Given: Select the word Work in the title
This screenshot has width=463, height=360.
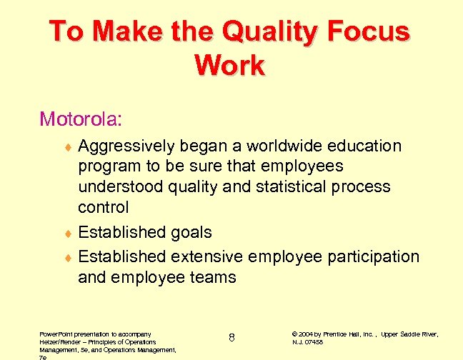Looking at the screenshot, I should pos(229,66).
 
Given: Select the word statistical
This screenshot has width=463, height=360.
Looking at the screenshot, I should pos(295,187).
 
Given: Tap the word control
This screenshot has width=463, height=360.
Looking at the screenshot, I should pos(104,208).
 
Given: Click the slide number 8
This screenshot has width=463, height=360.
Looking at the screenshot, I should pos(232,337).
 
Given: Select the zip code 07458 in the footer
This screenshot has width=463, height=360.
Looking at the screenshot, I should pos(314,342).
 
